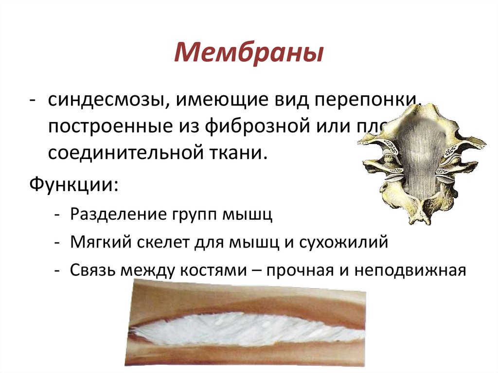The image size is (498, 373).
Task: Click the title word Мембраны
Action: [249, 53]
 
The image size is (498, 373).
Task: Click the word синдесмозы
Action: [105, 101]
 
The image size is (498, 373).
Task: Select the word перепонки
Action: [371, 101]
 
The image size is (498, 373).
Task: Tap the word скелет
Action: [156, 242]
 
